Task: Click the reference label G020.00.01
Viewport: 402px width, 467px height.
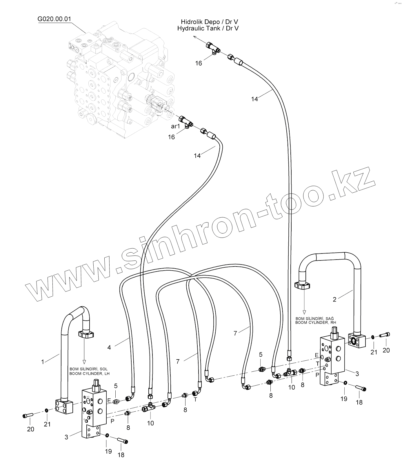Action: coord(54,19)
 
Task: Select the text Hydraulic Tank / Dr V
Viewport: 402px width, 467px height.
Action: coord(208,28)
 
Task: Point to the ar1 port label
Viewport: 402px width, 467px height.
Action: coord(175,126)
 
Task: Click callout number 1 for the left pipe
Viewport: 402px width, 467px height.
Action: coord(43,362)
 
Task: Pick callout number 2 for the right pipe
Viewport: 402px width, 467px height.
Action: coord(334,300)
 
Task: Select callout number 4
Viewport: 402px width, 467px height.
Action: coord(109,347)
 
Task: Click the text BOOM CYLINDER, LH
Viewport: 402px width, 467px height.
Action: coord(89,374)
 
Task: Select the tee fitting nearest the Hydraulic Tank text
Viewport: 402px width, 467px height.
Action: coord(213,47)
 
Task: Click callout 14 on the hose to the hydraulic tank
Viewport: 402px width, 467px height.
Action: coord(254,99)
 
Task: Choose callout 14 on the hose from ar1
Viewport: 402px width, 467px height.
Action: coord(197,156)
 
